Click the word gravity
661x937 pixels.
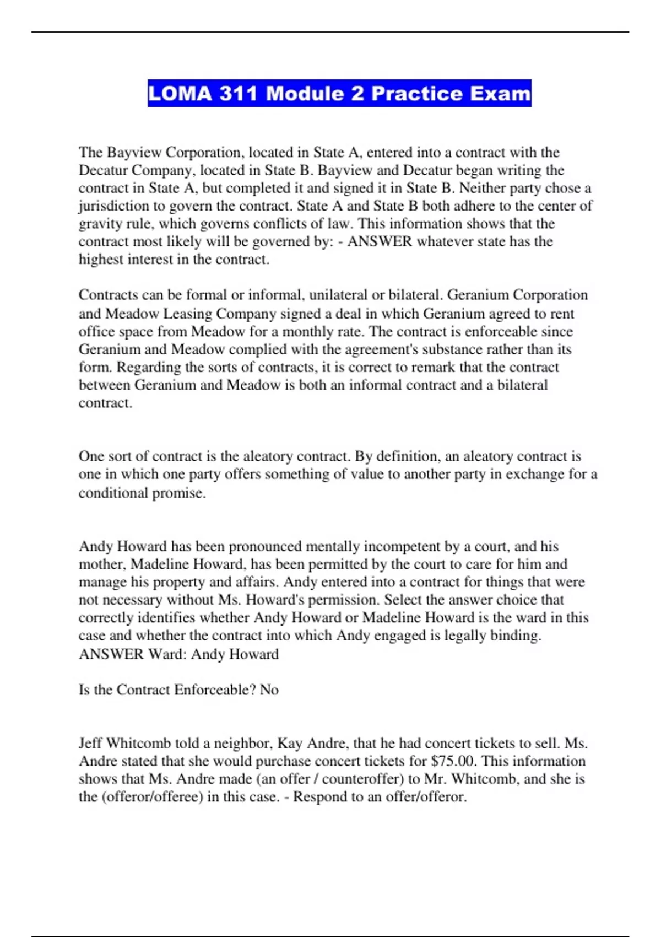click(x=99, y=224)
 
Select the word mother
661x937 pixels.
click(x=101, y=564)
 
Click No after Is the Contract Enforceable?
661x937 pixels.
click(x=269, y=690)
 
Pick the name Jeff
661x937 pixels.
click(x=90, y=743)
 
